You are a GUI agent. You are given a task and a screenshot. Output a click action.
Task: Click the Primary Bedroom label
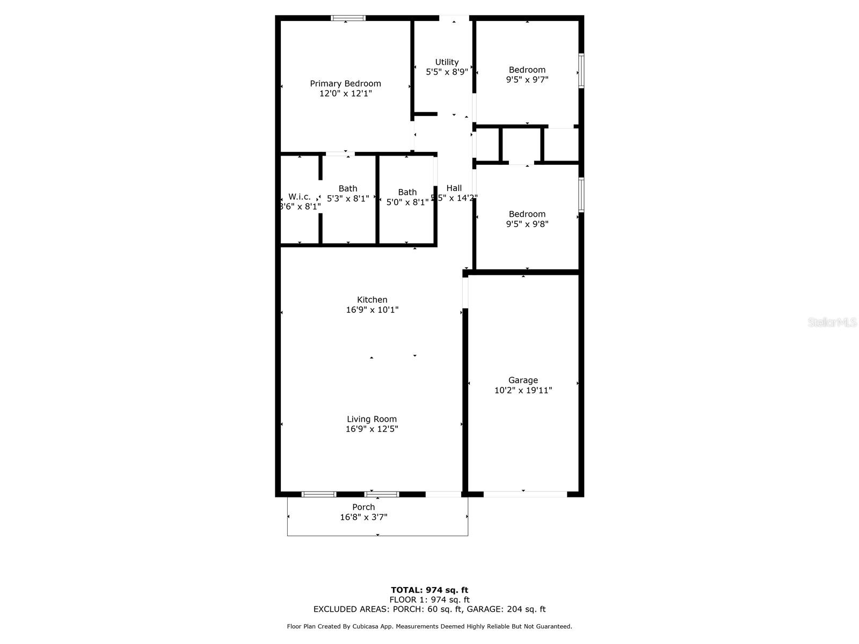coord(345,84)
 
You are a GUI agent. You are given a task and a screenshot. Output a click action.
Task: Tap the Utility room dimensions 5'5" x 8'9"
coord(447,72)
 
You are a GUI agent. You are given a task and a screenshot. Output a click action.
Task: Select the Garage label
coord(523,380)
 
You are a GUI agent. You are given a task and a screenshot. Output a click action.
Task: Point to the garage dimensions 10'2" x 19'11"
coord(523,391)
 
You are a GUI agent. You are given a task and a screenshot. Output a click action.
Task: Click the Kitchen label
coord(372,300)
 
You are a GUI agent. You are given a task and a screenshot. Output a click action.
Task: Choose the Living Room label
coord(372,419)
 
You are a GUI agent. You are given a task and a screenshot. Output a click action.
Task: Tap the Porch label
coord(363,507)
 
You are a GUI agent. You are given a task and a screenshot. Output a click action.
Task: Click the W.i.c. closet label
coord(300,197)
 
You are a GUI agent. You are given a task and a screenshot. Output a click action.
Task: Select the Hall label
coord(454,188)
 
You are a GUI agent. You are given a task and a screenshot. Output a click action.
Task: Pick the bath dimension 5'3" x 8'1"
coord(348,199)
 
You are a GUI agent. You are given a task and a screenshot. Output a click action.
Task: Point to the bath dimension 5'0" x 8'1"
coord(407,202)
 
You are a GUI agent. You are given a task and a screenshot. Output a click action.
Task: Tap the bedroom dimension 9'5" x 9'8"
coord(527,224)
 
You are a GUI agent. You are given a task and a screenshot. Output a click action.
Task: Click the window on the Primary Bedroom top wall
coord(348,18)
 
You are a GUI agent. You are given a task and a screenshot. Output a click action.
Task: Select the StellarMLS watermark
coord(832,322)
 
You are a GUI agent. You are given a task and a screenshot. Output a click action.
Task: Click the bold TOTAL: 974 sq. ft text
coord(429,590)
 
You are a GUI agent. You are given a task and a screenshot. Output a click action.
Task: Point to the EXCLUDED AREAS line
coord(429,609)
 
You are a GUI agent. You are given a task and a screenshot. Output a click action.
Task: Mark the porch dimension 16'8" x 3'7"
coord(363,517)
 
